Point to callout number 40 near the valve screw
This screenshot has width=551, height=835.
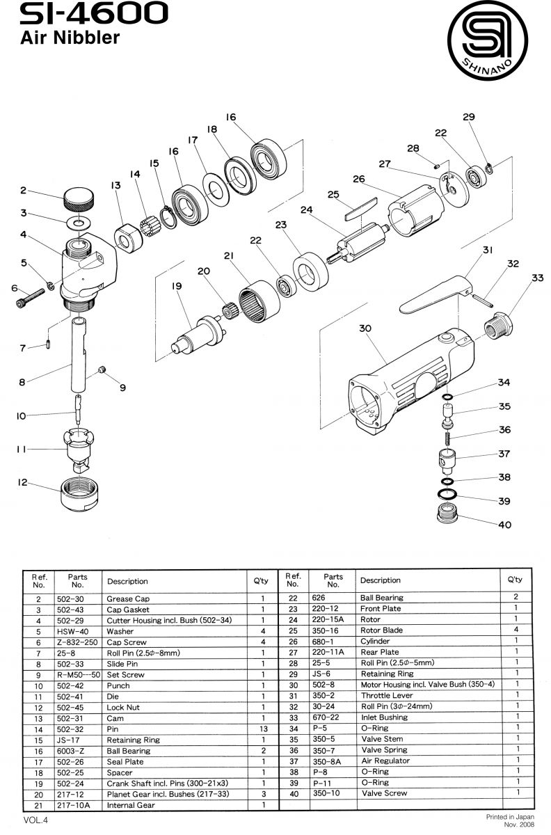(505, 525)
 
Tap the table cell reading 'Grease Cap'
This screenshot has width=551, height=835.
(128, 598)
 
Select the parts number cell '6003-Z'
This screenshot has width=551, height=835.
(70, 751)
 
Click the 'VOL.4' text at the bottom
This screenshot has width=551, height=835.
(35, 820)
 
